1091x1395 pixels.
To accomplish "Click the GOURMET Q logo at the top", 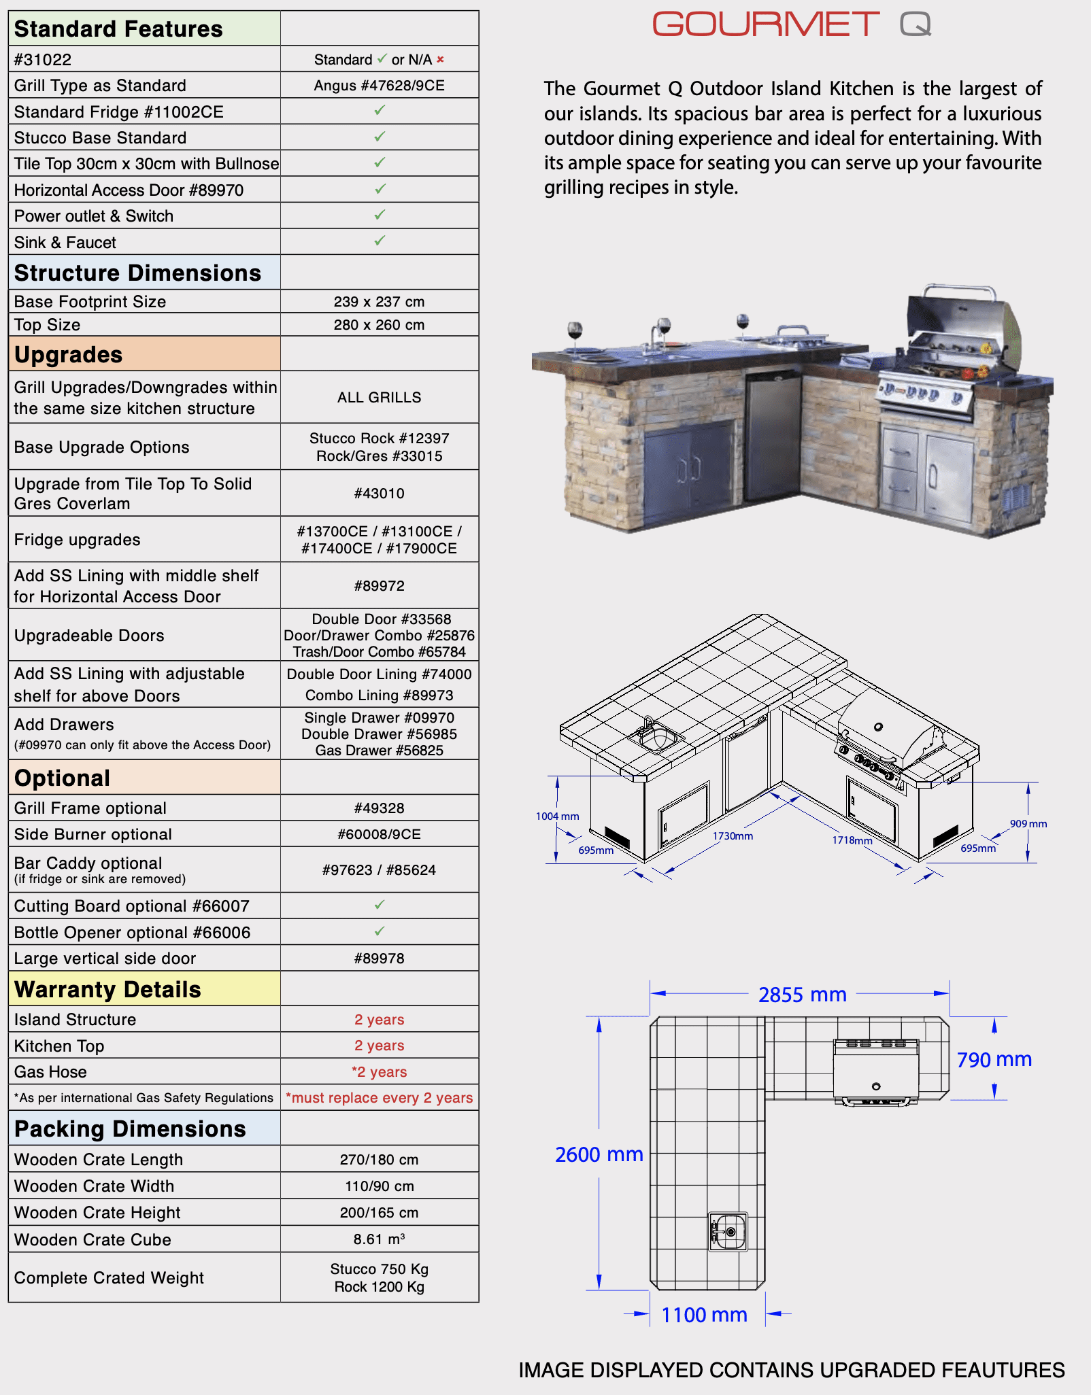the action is tap(791, 24).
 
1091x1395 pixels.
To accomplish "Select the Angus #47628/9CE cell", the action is tap(379, 86).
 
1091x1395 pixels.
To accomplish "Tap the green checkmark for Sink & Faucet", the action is tap(380, 241).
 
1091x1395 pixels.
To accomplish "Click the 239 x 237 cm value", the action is tap(379, 302).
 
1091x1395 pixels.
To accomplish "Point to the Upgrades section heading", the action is tap(69, 355).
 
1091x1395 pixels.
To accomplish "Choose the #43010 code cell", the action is tap(379, 494).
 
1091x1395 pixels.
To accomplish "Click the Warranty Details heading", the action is tap(107, 990).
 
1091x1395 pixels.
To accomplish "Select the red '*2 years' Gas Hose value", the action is tap(379, 1072).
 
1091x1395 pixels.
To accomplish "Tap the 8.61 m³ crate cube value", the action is tap(379, 1239).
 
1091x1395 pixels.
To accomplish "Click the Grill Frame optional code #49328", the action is tap(379, 808).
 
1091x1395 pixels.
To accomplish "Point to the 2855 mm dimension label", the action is tap(803, 995).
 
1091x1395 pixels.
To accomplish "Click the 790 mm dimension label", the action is tap(994, 1060).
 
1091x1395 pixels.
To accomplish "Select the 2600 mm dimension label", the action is tap(599, 1155).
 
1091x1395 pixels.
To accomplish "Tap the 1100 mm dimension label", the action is tap(704, 1315).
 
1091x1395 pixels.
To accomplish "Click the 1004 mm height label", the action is tap(558, 816).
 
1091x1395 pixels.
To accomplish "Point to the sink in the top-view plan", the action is tap(728, 1232).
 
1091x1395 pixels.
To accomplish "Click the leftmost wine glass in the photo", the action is tap(575, 335).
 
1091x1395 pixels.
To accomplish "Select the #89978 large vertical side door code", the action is tap(379, 959).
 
